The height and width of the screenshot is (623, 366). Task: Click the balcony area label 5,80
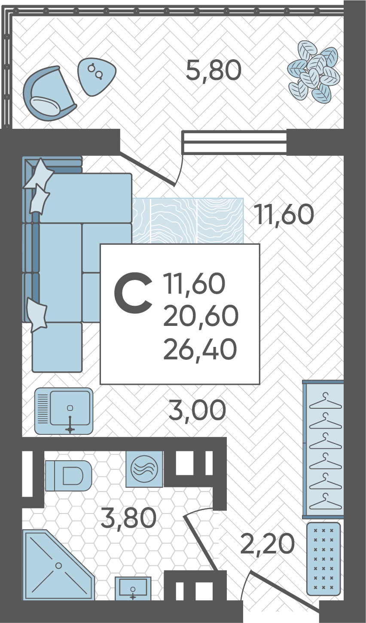pos(213,71)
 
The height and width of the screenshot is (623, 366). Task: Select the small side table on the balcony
pos(96,76)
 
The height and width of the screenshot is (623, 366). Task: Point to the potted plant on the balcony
pos(313,72)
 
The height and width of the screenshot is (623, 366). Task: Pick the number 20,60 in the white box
pos(200,316)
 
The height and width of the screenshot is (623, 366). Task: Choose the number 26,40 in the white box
pos(200,349)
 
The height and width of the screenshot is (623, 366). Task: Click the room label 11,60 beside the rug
pos(284,215)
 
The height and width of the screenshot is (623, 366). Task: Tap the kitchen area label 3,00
pos(197,410)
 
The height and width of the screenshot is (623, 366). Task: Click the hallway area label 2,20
pos(267,544)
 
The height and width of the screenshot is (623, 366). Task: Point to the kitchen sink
pos(64,411)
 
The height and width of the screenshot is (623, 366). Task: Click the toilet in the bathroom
pos(68,476)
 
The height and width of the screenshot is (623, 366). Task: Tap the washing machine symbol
pos(144,469)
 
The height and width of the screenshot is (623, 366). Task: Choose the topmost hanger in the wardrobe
pos(325,401)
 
